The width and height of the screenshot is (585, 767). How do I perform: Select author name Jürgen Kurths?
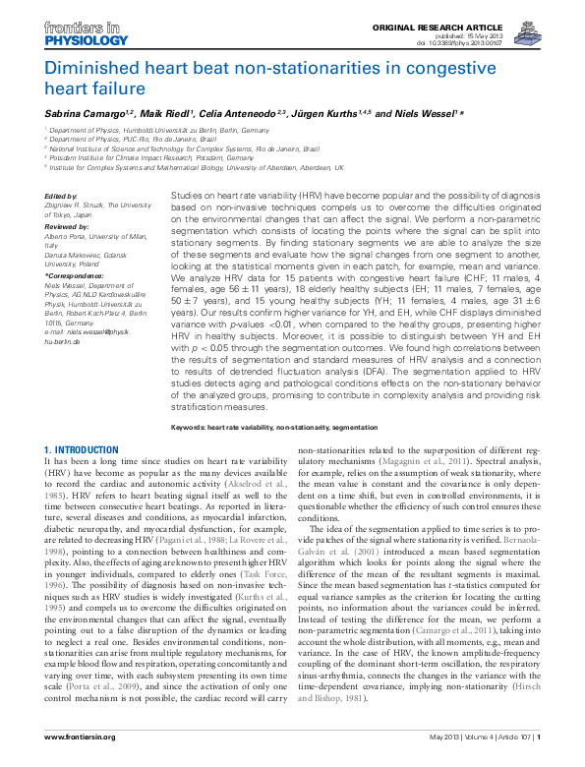click(x=314, y=114)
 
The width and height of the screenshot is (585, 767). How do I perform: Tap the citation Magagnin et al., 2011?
click(x=479, y=460)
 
